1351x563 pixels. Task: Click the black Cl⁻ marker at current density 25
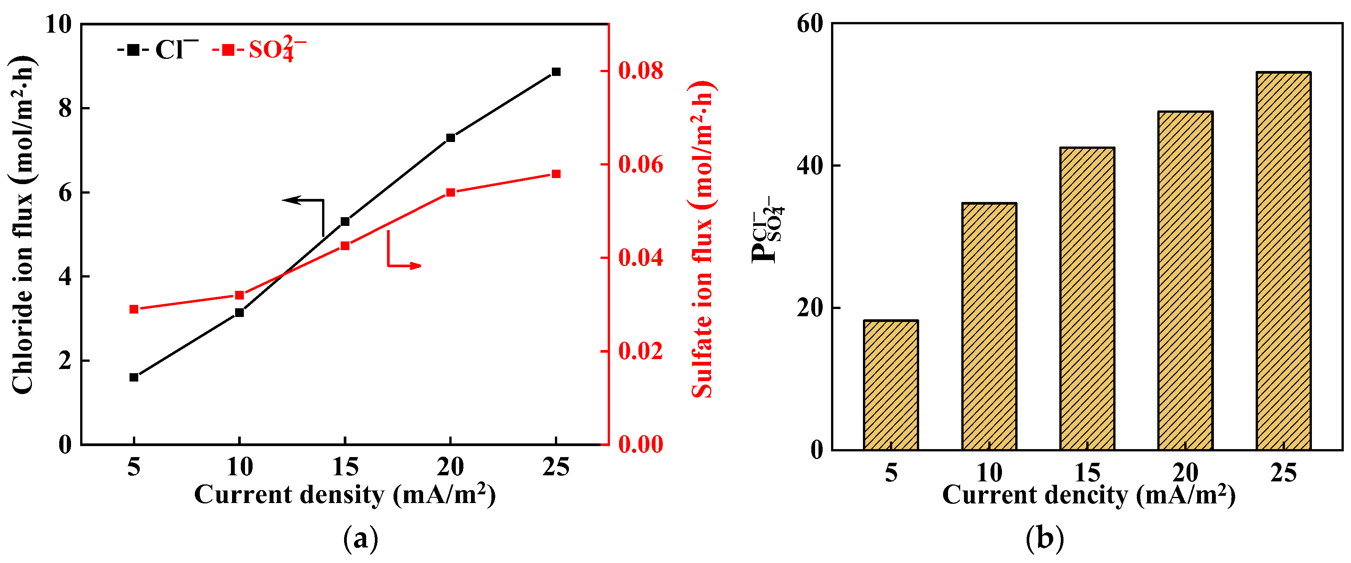556,72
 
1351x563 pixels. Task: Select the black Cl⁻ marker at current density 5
134,377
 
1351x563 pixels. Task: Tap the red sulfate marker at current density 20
450,192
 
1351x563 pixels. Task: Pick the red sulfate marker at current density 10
239,295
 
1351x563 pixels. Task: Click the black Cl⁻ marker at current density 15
344,222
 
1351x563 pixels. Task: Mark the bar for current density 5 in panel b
891,385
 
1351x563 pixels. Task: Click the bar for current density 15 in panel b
1087,299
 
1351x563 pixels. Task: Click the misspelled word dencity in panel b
1086,495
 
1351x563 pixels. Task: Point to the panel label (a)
360,538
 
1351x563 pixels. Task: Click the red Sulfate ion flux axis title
702,241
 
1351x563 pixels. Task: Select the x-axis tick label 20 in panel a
450,467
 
